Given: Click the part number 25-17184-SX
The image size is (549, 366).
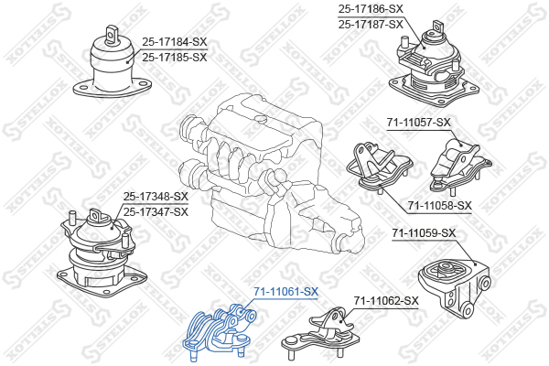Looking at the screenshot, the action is click(x=175, y=42).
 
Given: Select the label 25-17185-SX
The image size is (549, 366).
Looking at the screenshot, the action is click(x=175, y=57).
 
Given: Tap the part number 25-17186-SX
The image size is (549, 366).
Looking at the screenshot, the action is click(x=371, y=9).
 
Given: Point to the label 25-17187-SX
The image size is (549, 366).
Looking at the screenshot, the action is click(x=371, y=24).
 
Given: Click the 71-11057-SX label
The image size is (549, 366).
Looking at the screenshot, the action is click(x=419, y=123).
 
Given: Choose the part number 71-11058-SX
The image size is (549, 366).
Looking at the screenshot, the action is click(x=439, y=205).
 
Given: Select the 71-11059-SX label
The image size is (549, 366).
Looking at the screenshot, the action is click(x=424, y=232).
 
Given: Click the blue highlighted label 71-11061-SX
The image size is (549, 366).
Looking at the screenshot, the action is click(x=285, y=291).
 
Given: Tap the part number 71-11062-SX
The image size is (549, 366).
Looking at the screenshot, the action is click(x=386, y=300).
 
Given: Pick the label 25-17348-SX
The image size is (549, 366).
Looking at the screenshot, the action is click(x=156, y=197).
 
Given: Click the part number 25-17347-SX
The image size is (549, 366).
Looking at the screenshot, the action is click(x=156, y=212).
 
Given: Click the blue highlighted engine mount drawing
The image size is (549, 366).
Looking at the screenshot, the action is click(x=220, y=332).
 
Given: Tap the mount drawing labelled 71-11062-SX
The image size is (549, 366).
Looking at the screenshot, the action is click(x=320, y=333).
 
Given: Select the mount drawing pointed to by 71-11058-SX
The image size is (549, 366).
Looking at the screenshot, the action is click(x=380, y=167).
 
